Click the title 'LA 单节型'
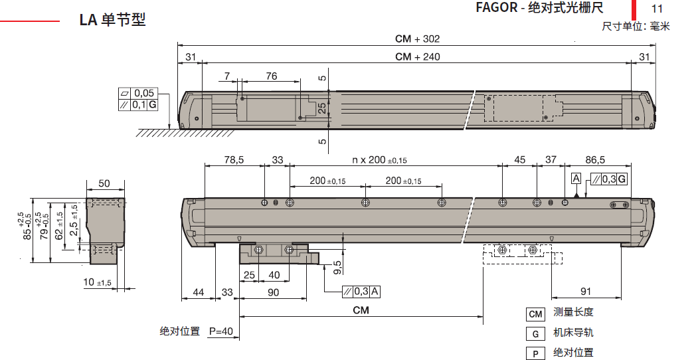(x=112, y=20)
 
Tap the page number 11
(x=657, y=9)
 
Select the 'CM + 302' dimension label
(x=417, y=39)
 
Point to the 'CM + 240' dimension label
(x=417, y=56)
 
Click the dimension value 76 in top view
(x=271, y=76)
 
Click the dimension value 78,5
(x=234, y=159)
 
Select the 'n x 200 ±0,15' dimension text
(x=379, y=160)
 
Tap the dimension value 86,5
(x=595, y=159)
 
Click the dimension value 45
(x=520, y=159)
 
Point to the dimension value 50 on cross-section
(x=104, y=183)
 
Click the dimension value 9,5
(x=337, y=266)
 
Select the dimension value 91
(x=586, y=291)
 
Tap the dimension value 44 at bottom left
(x=198, y=292)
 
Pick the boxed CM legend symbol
(x=535, y=314)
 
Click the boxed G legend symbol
(x=535, y=333)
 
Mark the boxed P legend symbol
(x=535, y=353)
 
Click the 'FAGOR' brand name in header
(x=495, y=8)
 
